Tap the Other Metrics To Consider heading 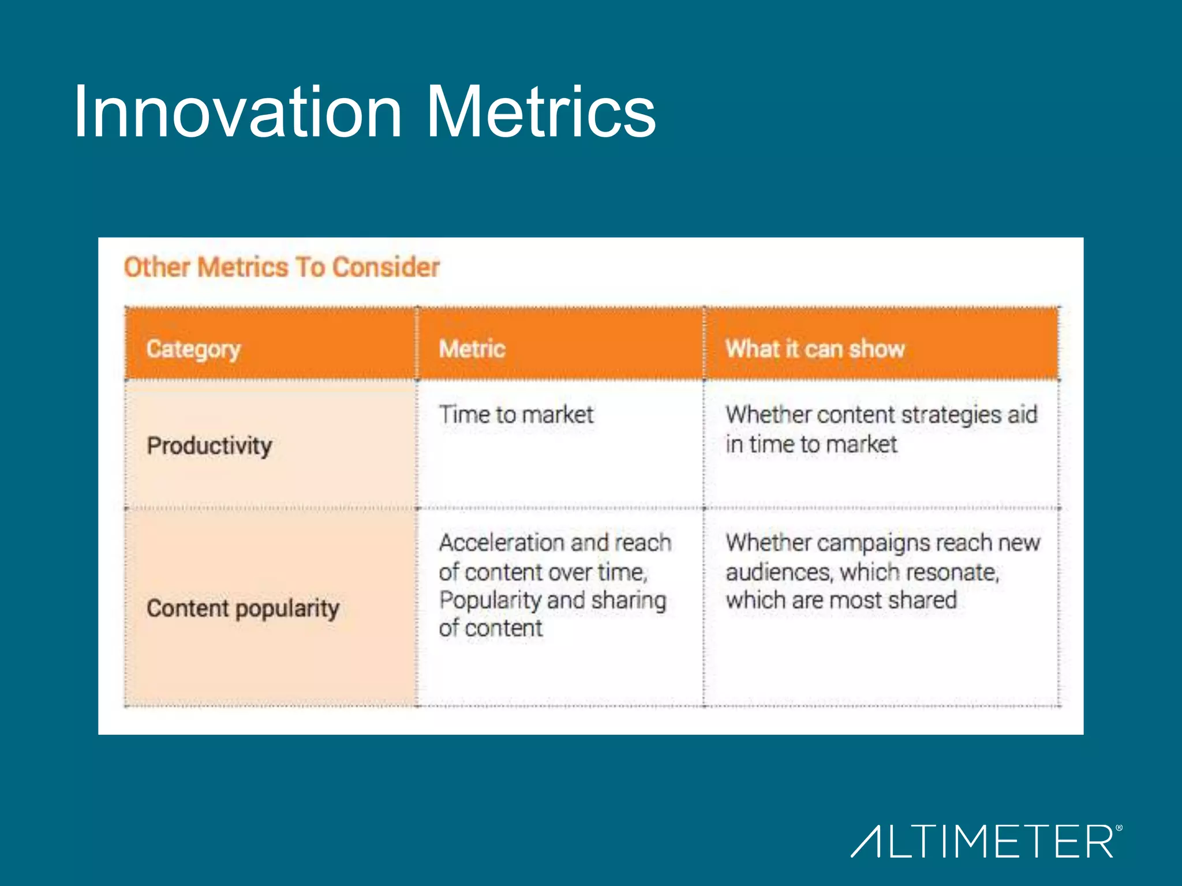click(282, 268)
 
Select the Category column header click(193, 350)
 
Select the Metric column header click(472, 350)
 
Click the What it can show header click(814, 350)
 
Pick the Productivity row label click(209, 446)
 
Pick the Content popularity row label click(242, 609)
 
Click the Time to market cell click(516, 415)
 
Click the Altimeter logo click(984, 841)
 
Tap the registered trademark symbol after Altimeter click(1119, 828)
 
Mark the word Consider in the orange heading click(386, 268)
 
